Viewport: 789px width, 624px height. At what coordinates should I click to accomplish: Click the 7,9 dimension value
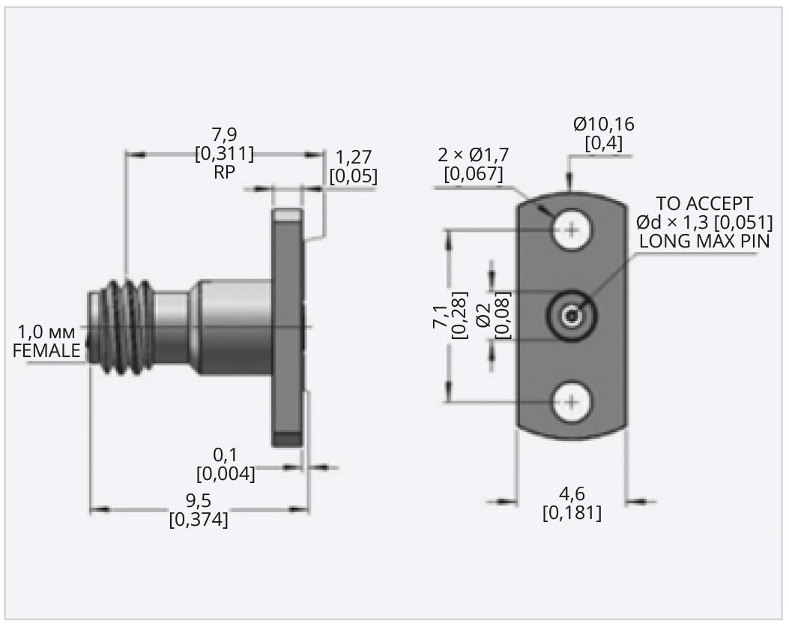coord(223,136)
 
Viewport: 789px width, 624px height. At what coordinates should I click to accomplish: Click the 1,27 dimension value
coord(353,158)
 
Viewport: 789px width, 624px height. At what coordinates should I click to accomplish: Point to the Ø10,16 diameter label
coord(603,124)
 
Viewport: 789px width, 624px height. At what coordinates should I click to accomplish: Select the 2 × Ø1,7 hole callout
coord(474,156)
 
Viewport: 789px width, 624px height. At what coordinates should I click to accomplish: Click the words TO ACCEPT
coord(704,204)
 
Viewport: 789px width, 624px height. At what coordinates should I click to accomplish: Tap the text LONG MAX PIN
coord(704,241)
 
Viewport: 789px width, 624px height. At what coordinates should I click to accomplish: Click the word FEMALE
coord(46,351)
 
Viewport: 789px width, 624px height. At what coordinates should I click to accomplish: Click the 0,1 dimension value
coord(225,455)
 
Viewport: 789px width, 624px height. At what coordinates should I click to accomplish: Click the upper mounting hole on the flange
coord(572,229)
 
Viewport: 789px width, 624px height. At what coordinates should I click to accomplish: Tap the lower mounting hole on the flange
coord(572,403)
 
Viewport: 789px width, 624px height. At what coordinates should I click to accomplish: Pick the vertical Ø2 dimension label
coord(483,316)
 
